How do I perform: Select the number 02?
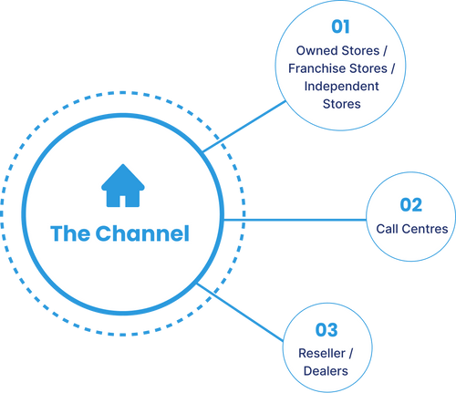point(411,205)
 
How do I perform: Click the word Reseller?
point(319,352)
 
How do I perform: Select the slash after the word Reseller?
point(352,352)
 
